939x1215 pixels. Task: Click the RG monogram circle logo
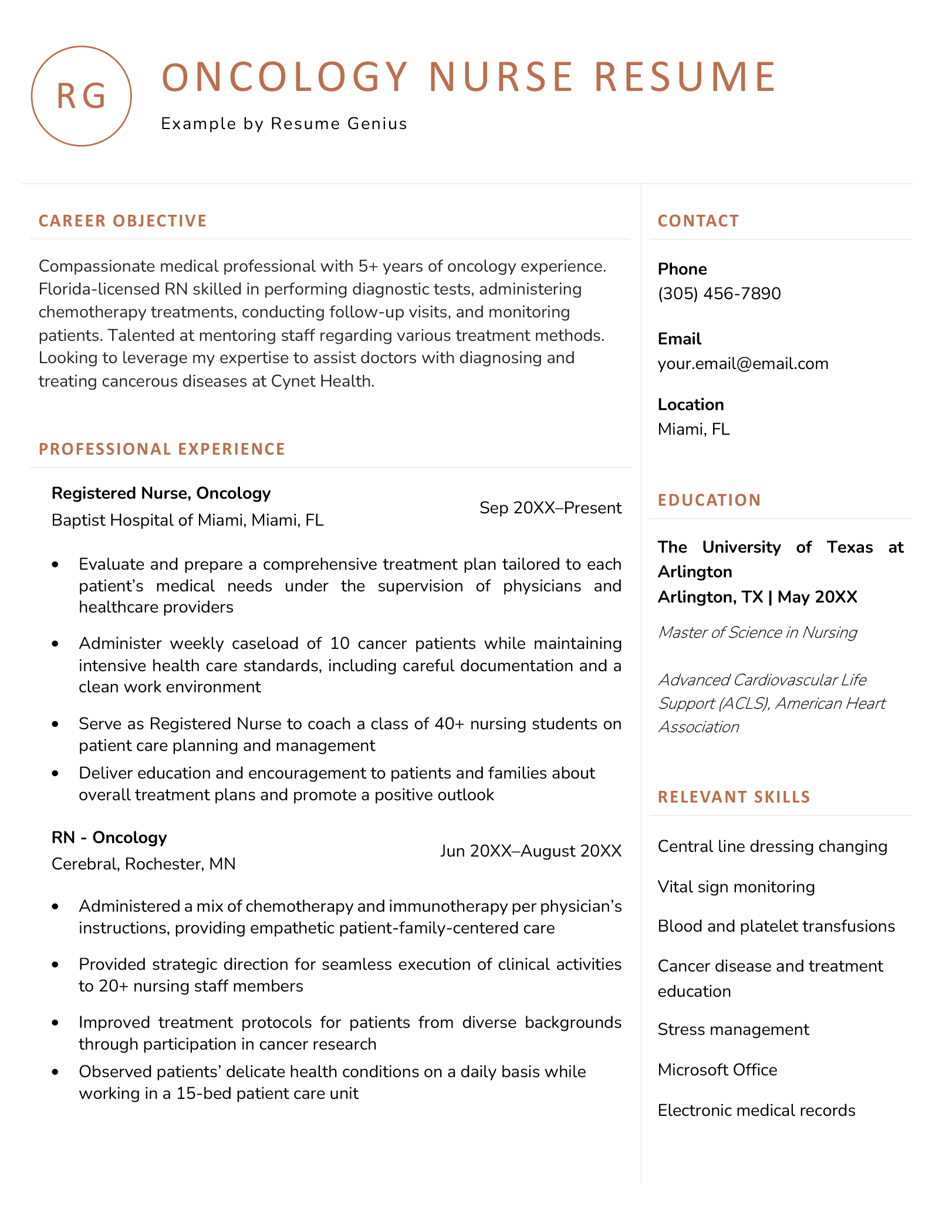(81, 96)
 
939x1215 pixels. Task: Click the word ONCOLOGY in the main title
(285, 77)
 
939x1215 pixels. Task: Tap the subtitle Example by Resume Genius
(284, 124)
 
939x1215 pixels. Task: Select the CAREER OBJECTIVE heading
(123, 221)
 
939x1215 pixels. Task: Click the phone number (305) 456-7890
(719, 293)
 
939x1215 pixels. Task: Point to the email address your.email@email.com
(743, 364)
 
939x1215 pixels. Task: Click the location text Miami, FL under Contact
(694, 429)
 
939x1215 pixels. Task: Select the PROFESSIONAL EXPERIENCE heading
(162, 449)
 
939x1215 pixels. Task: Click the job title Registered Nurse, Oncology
(161, 493)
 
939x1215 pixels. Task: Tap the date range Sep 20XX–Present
(550, 507)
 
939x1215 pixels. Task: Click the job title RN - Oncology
(109, 837)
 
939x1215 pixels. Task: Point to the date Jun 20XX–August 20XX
(531, 851)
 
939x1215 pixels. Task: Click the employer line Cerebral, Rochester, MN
(143, 864)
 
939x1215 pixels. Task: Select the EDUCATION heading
(709, 500)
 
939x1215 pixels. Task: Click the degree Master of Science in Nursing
(757, 632)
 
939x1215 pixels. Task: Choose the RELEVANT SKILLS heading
(734, 797)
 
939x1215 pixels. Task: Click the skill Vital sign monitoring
(736, 886)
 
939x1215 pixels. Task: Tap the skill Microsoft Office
(717, 1070)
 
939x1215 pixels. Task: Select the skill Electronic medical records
(756, 1110)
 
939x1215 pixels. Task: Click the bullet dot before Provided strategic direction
(56, 964)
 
